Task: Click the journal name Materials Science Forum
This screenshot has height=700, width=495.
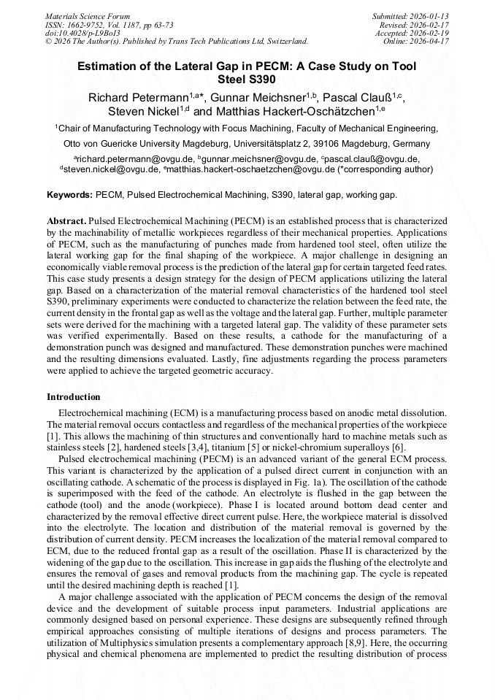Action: pyautogui.click(x=88, y=15)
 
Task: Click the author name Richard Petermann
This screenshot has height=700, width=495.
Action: pyautogui.click(x=138, y=98)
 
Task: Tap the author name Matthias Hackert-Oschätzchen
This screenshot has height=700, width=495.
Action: pyautogui.click(x=293, y=112)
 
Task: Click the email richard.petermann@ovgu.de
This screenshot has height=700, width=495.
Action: pyautogui.click(x=135, y=158)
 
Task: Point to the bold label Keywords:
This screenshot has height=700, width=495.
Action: pyautogui.click(x=69, y=196)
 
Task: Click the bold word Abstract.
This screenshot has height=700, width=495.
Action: pyautogui.click(x=66, y=220)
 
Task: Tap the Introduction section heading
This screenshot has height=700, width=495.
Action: pyautogui.click(x=74, y=397)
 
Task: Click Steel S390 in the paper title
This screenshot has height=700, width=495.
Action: pyautogui.click(x=247, y=80)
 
